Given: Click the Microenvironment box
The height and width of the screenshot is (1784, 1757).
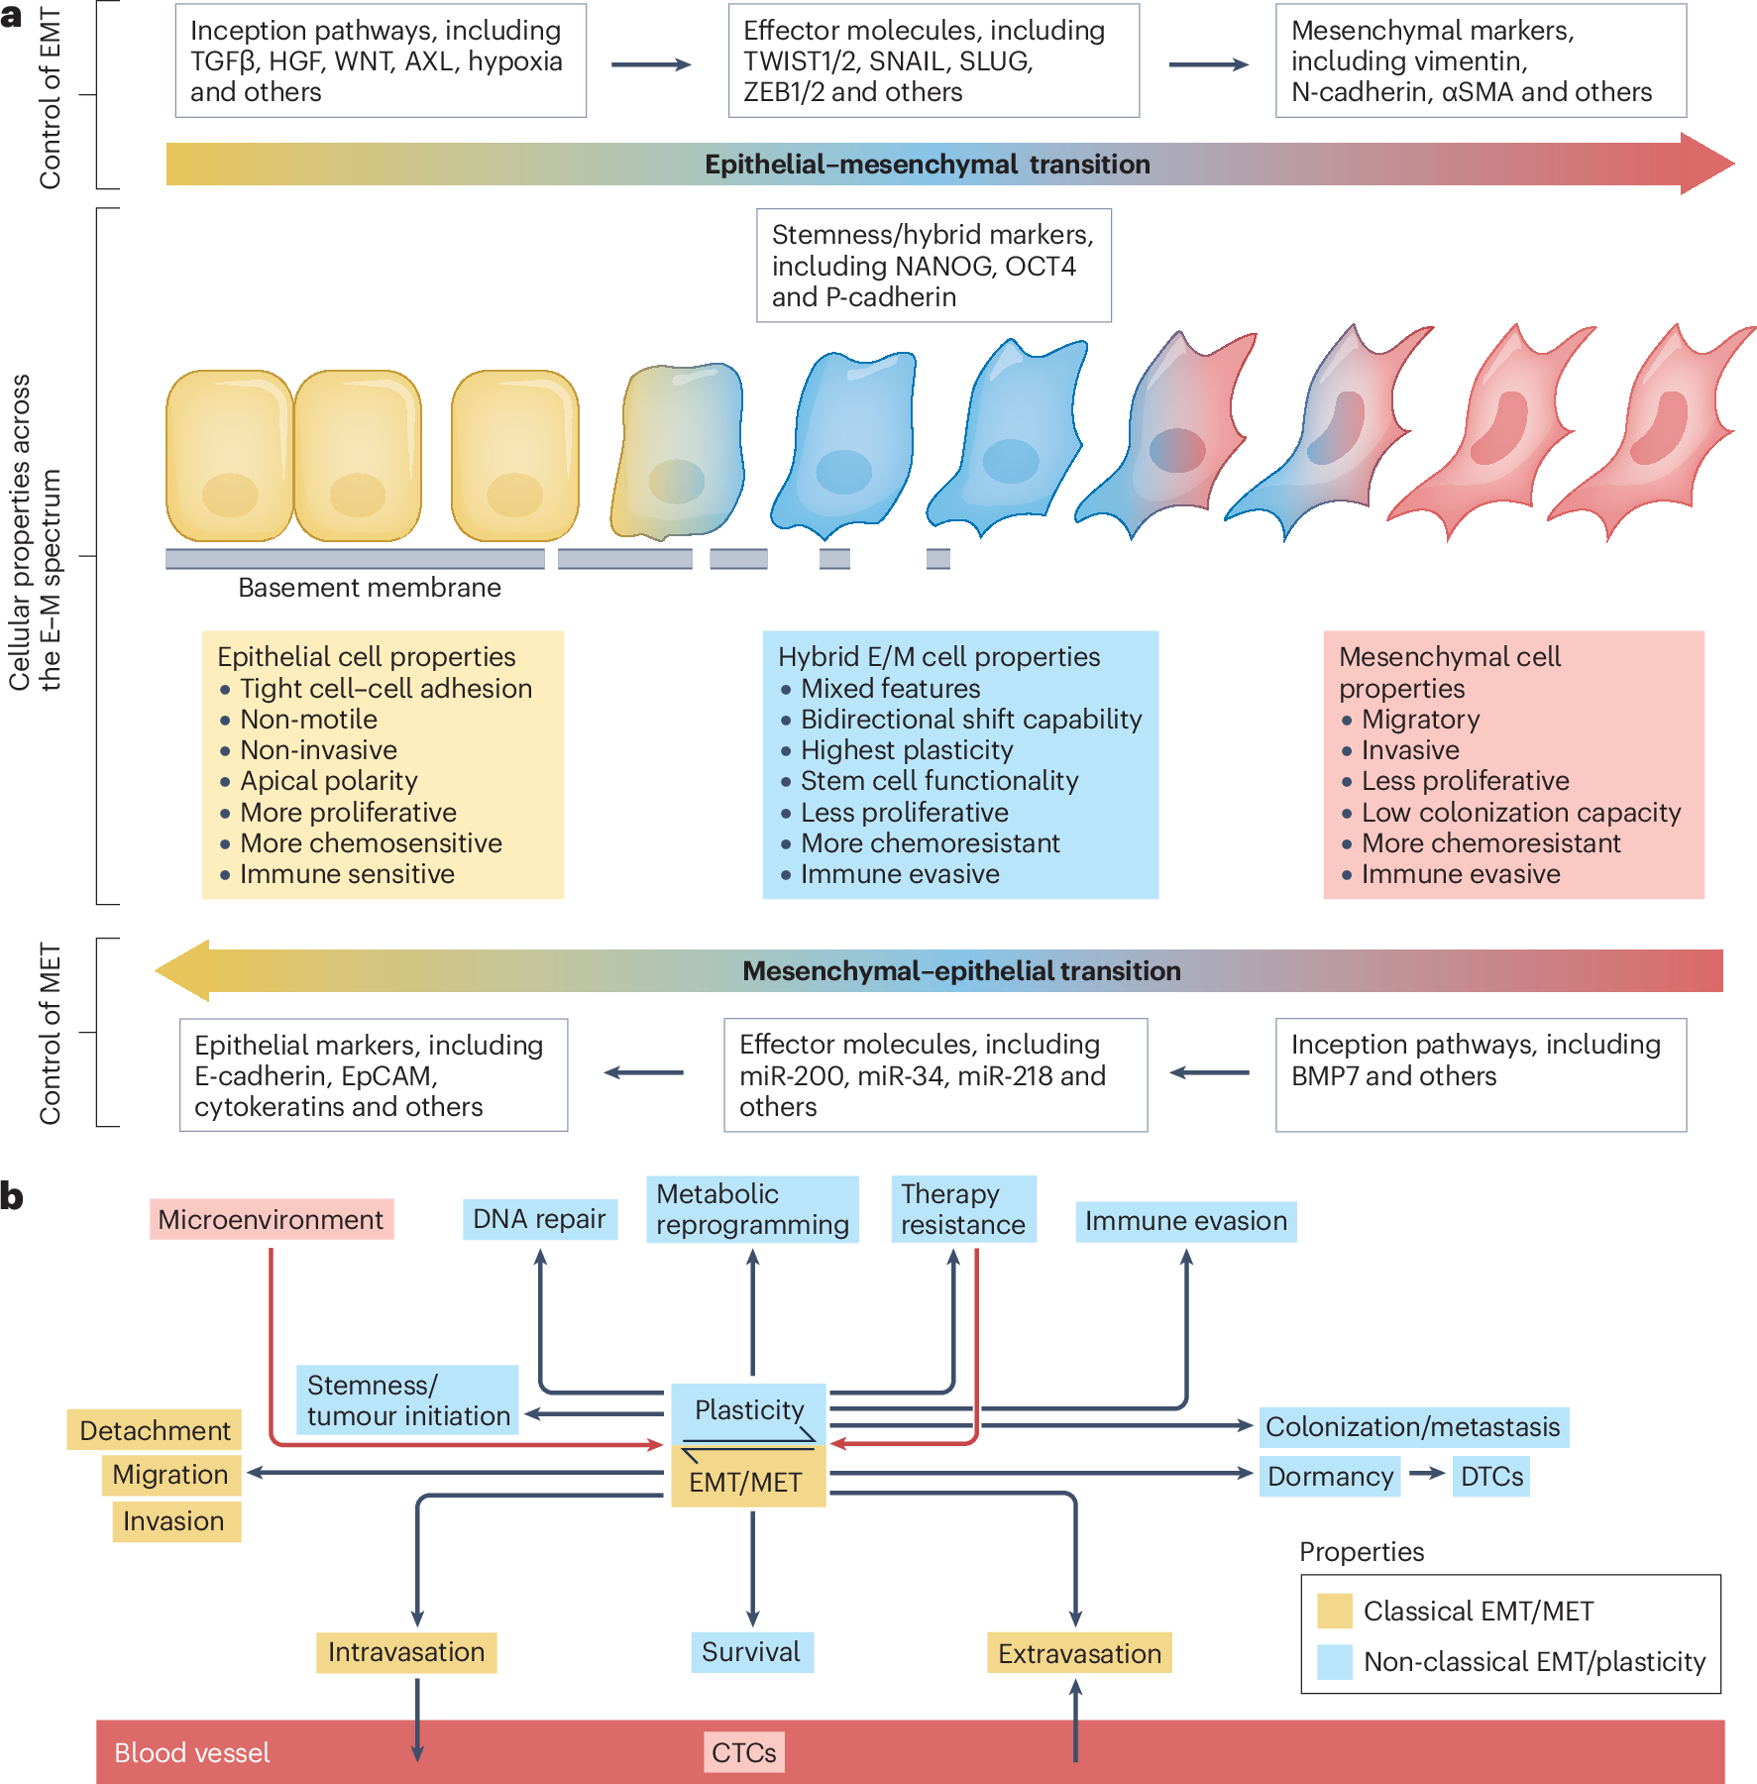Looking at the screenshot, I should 271,1219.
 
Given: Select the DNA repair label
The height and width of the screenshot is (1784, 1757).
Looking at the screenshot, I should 539,1219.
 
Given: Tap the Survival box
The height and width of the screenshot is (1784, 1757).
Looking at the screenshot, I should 751,1652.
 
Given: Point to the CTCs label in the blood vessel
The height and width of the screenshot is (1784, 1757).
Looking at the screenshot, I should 744,1752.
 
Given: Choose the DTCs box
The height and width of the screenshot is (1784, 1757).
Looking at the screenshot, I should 1491,1477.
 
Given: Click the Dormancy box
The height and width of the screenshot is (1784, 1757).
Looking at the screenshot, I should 1330,1477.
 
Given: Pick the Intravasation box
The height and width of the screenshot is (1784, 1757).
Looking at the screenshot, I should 406,1652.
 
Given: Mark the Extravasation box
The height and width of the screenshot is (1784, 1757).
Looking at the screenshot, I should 1079,1653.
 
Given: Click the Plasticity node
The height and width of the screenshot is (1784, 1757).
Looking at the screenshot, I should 749,1409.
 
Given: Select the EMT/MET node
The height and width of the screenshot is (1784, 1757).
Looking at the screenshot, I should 746,1482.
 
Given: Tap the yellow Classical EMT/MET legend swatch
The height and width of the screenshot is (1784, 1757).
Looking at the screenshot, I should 1335,1611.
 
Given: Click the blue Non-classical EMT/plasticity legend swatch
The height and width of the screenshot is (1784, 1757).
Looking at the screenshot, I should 1335,1662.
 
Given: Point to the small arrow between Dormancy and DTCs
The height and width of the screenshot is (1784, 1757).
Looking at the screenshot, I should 1427,1474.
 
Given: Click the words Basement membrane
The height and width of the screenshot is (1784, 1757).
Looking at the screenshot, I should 370,588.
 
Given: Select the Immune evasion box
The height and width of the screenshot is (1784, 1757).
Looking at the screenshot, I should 1186,1221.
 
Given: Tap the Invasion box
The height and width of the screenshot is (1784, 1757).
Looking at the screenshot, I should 174,1521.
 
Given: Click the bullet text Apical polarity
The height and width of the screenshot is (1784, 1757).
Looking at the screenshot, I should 329,781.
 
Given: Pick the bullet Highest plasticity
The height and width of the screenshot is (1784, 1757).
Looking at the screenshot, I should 907,750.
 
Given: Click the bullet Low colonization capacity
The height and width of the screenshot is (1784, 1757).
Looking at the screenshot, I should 1521,813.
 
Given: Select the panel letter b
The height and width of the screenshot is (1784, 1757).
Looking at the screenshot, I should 12,1196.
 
